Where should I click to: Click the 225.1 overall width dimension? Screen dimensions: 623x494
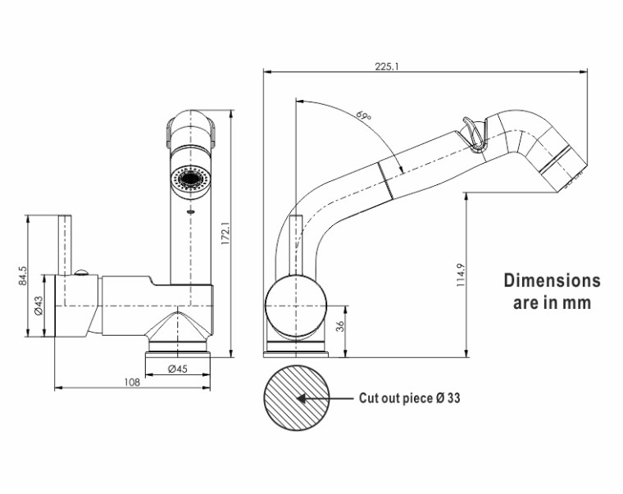tap(387, 66)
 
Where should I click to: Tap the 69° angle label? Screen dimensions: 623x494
tap(363, 116)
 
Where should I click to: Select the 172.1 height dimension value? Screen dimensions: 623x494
tap(225, 233)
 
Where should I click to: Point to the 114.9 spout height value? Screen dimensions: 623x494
tap(460, 274)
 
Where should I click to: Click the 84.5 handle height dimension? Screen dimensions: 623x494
tap(23, 275)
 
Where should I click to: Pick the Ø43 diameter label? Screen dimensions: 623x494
tap(39, 306)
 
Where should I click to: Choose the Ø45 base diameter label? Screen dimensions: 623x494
tap(178, 369)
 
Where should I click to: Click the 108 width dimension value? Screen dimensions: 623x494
tap(132, 382)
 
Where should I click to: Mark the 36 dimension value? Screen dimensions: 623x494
tap(339, 326)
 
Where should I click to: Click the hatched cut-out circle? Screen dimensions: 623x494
tap(297, 398)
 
